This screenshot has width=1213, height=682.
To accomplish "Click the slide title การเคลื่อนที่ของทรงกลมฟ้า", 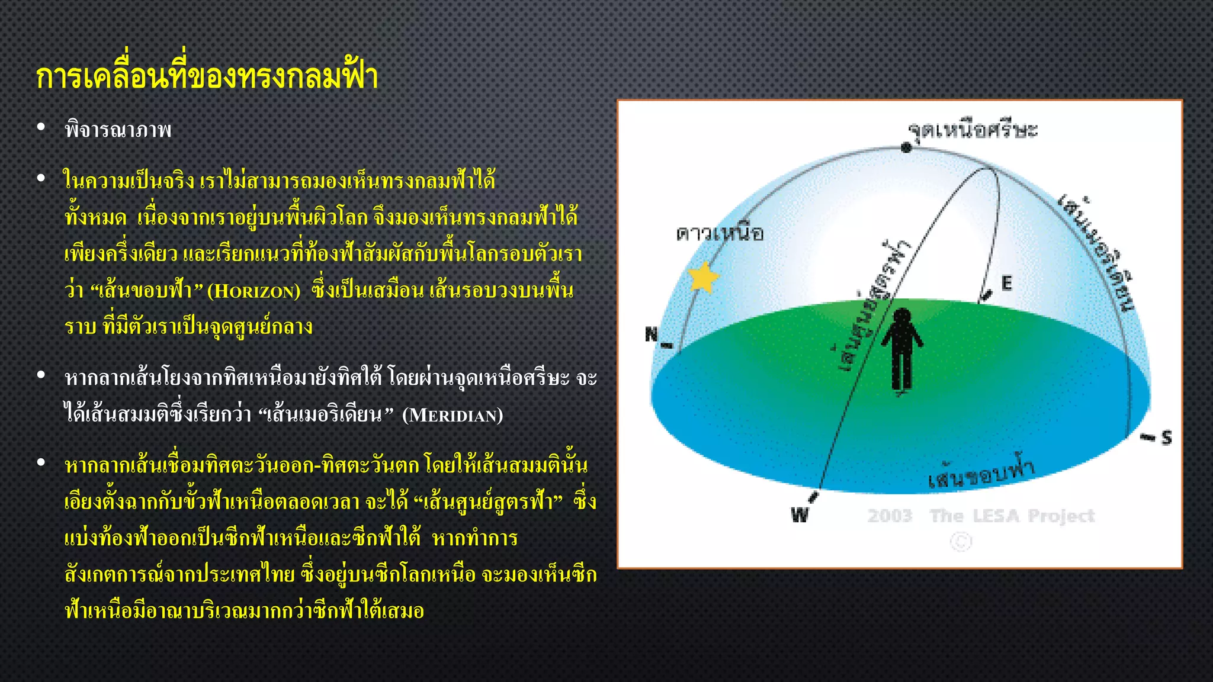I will [207, 77].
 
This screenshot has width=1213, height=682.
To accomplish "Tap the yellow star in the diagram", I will [704, 277].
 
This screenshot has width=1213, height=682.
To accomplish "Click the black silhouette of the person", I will [901, 349].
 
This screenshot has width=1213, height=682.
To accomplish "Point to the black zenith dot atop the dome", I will [906, 147].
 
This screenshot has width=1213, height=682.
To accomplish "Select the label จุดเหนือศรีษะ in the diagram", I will [973, 129].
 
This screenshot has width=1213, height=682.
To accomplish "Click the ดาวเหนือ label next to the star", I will [720, 233].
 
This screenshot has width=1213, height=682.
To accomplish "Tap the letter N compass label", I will [652, 334].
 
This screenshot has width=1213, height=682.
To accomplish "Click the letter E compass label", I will [1006, 283].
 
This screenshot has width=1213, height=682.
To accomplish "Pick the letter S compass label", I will [1166, 437].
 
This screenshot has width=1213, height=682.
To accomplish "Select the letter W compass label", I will [800, 514].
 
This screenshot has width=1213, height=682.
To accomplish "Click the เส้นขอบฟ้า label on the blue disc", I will [981, 474].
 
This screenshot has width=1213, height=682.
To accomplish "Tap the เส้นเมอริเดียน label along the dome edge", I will [1096, 252].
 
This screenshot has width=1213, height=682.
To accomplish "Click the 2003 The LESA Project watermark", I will [981, 516].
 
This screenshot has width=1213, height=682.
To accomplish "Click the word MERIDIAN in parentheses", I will [453, 415].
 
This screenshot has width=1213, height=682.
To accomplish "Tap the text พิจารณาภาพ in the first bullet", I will [118, 130].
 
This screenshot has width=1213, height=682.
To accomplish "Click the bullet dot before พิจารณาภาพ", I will [41, 127].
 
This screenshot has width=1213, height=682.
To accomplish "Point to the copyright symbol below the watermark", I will [961, 542].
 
